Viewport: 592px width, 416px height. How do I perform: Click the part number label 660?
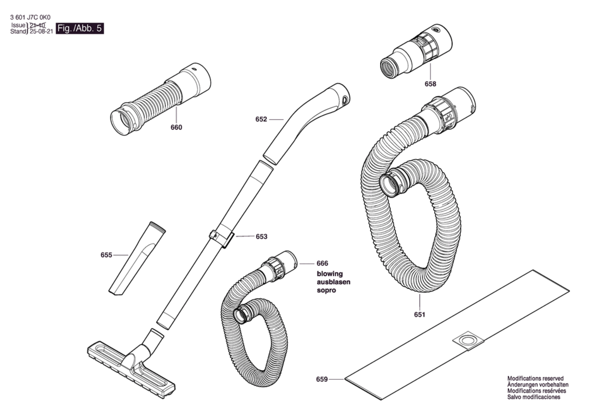click(x=176, y=127)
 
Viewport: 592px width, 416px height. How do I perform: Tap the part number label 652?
click(x=261, y=119)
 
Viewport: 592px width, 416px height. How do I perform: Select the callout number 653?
click(x=262, y=237)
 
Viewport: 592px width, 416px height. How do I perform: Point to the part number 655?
click(x=106, y=255)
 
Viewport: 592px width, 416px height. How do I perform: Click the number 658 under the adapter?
click(x=430, y=84)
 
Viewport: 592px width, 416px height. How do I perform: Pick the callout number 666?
click(x=322, y=263)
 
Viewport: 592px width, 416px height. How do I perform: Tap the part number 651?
click(x=420, y=315)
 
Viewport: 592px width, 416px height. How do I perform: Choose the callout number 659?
click(x=322, y=379)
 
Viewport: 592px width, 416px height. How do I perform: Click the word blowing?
click(x=330, y=274)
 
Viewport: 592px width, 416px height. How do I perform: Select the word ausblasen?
click(x=333, y=282)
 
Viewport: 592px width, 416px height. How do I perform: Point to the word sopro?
click(x=326, y=290)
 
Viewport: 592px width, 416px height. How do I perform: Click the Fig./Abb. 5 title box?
click(x=80, y=28)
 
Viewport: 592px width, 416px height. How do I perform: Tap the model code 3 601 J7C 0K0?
click(x=30, y=18)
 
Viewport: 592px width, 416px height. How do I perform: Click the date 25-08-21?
click(x=41, y=31)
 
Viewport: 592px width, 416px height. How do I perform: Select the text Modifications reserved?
click(x=535, y=379)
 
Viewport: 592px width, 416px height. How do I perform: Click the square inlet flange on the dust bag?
click(x=468, y=341)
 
